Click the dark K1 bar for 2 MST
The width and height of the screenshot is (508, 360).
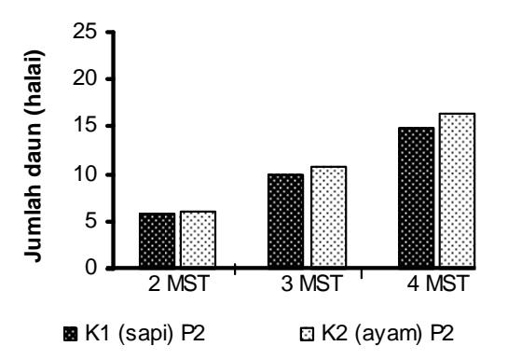[x=158, y=240]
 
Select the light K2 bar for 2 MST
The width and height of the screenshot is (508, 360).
[x=198, y=239]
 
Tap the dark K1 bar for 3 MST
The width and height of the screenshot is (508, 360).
[x=286, y=221]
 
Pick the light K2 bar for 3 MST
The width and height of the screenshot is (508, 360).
[x=328, y=216]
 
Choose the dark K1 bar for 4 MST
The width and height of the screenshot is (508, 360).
[x=416, y=198]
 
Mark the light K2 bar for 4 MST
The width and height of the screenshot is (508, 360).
[x=457, y=190]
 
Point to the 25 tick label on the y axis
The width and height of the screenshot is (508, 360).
[x=85, y=32]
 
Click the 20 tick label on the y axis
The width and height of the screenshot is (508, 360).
[x=85, y=78]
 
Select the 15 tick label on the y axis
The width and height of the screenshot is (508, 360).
[x=85, y=126]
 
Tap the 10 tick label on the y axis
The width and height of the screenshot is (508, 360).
[x=85, y=174]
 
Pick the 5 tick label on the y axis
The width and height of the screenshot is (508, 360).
[x=91, y=222]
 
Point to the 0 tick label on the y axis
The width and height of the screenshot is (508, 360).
[x=91, y=268]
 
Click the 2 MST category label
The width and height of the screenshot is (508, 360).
[x=178, y=284]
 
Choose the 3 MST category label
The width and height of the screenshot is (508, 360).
[x=311, y=284]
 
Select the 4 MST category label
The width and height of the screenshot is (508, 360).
[x=438, y=284]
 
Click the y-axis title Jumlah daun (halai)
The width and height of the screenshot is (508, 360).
[x=34, y=156]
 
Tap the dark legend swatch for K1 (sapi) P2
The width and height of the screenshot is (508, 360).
[x=71, y=334]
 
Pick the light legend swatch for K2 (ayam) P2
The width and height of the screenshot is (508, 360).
[x=307, y=334]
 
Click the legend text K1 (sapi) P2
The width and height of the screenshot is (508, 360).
[x=145, y=333]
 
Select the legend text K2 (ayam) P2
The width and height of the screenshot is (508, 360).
[x=388, y=333]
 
